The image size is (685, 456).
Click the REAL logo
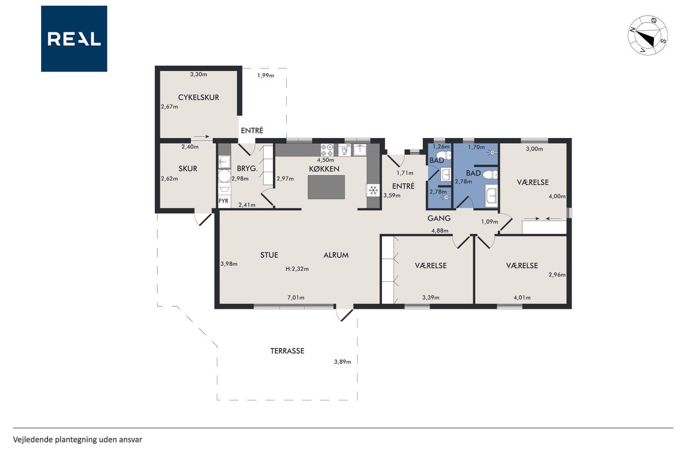[x=74, y=39]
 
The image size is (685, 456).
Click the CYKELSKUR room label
[x=199, y=97]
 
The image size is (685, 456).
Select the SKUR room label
[x=188, y=168]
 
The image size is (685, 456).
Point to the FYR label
[x=223, y=201]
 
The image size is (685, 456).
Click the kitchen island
[x=326, y=187]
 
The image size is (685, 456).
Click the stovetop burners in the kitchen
[x=327, y=151]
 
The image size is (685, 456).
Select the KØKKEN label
[x=324, y=169]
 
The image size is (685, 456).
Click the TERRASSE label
[x=287, y=351]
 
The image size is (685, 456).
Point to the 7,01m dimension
[x=296, y=297]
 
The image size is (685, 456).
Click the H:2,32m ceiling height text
[x=297, y=269]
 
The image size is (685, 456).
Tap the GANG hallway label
[x=439, y=219]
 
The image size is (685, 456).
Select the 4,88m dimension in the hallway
[x=440, y=230]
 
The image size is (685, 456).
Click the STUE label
[x=269, y=255]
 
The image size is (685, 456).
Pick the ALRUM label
[x=336, y=255]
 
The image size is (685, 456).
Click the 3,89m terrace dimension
[x=342, y=362]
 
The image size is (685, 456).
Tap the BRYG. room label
[x=247, y=168]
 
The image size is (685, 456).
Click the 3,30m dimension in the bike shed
[x=199, y=74]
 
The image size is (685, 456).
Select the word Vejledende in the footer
[x=33, y=440]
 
